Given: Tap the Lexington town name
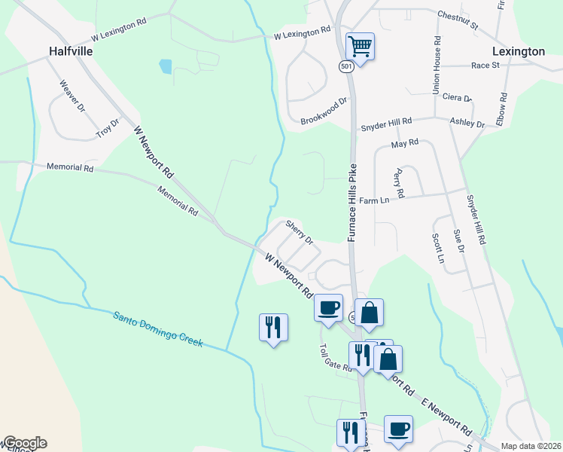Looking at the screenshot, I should tap(518, 51).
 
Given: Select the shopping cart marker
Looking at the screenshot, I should tap(360, 47).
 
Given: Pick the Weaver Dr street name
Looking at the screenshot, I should tap(72, 96).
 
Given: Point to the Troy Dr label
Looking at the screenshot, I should tap(108, 128).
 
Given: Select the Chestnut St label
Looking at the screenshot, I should tap(457, 20).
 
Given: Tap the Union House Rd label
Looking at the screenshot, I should tap(436, 65).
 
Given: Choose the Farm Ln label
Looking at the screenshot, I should tap(374, 201).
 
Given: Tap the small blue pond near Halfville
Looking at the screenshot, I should tap(166, 66).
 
